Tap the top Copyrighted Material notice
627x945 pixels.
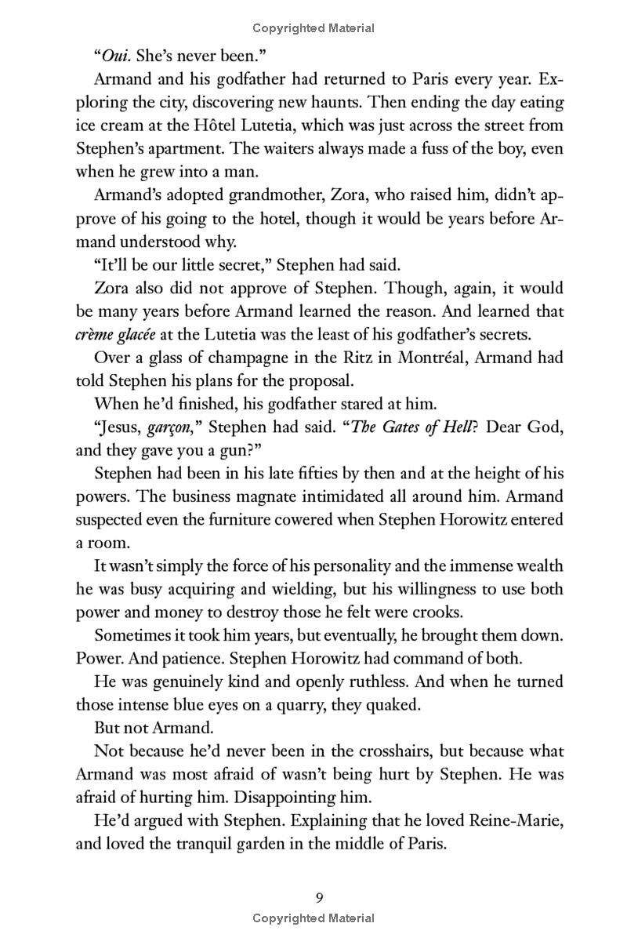point(313,28)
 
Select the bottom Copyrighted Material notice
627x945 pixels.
point(313,918)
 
